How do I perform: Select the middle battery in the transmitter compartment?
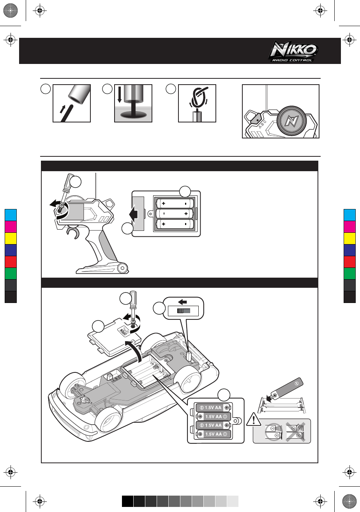[x=175, y=214]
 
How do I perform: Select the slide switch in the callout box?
[x=183, y=311]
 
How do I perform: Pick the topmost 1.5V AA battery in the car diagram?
[x=212, y=408]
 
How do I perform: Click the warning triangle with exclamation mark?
[x=254, y=420]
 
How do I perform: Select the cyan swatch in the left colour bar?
[x=11, y=215]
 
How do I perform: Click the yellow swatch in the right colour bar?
[x=349, y=238]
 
